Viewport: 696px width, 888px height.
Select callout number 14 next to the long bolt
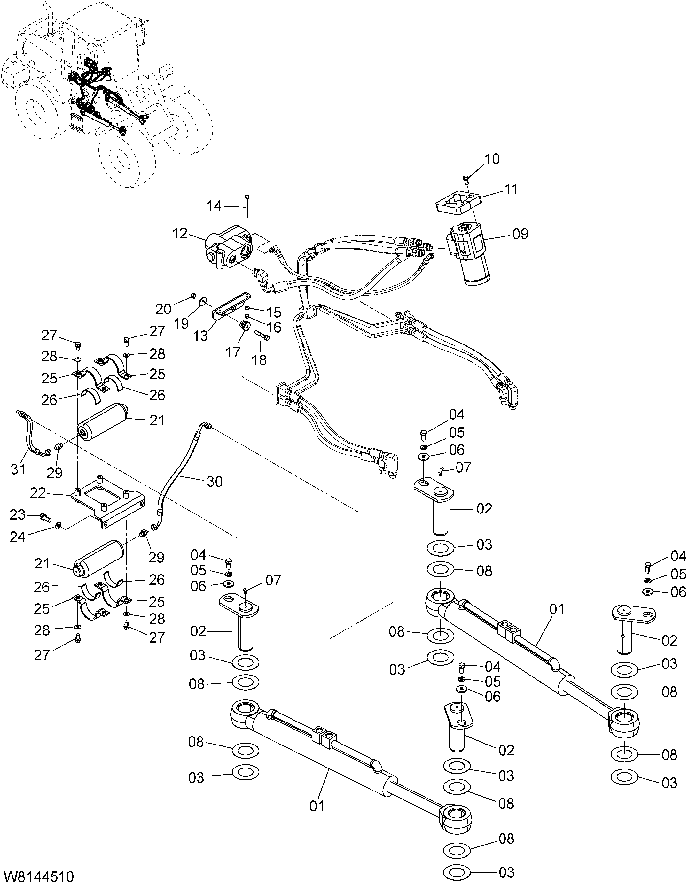[214, 206]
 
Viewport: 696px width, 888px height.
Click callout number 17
[233, 352]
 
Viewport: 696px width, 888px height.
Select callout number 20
[163, 309]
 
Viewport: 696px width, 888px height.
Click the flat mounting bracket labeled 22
[107, 504]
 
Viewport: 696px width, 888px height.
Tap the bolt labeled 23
[45, 518]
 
